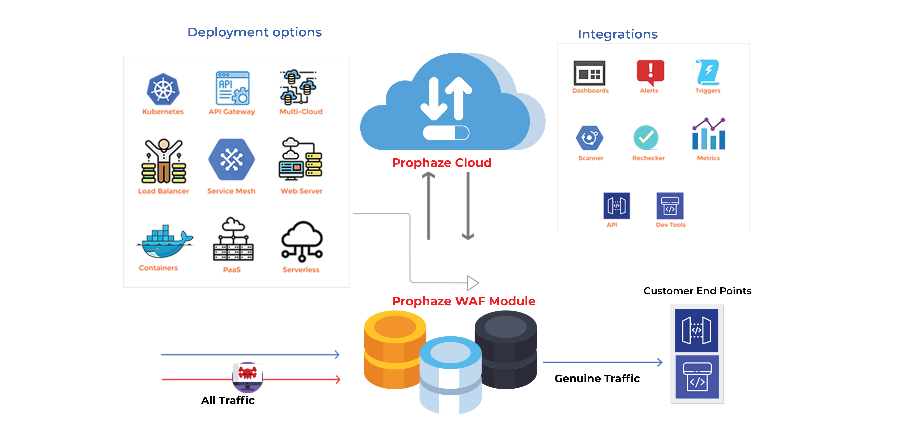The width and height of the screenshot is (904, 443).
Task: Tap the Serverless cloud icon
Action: [302, 242]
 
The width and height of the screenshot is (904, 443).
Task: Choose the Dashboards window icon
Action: [589, 73]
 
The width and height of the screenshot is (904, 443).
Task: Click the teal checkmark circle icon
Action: [646, 138]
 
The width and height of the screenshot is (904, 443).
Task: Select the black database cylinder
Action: [506, 349]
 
